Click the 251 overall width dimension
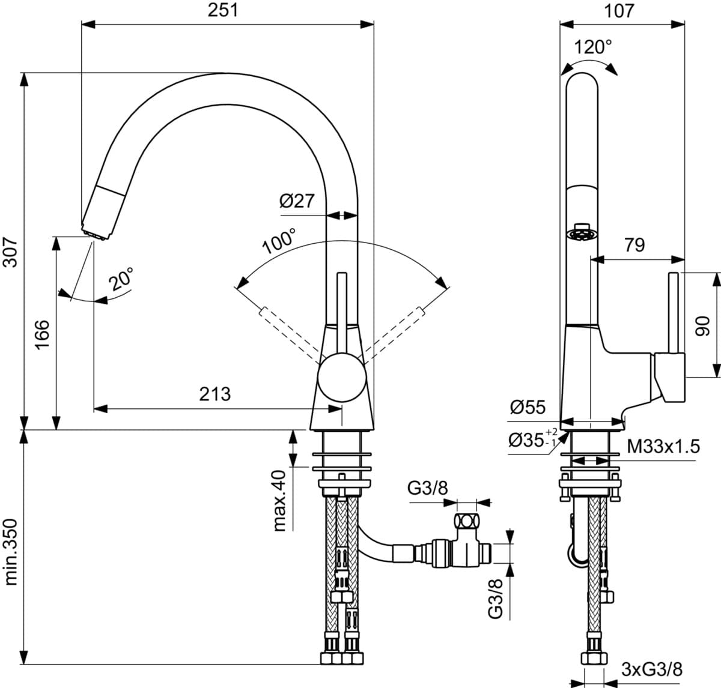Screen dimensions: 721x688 coord(223,10)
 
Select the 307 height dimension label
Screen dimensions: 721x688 coord(10,252)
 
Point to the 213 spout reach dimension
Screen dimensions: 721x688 coord(215,394)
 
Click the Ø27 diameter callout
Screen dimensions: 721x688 coord(297,201)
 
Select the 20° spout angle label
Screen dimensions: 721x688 coord(121,279)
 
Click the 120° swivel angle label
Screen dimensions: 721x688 coord(593,47)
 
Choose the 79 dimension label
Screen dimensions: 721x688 coord(634,245)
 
